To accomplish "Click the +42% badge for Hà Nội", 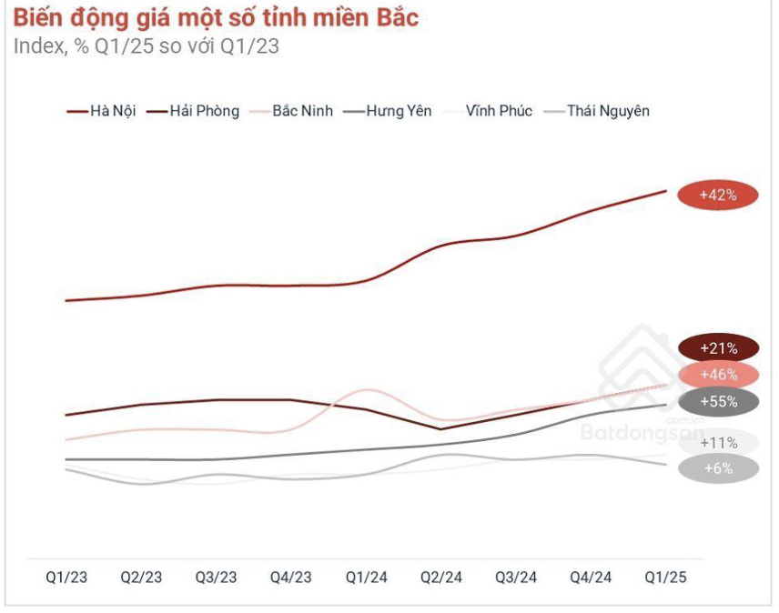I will [717, 195].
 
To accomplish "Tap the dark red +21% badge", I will [718, 347].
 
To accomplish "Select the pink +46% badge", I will [718, 374].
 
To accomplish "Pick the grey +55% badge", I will [718, 401].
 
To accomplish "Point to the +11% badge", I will [718, 443].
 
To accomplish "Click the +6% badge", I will [718, 468].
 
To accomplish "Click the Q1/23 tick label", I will [66, 578].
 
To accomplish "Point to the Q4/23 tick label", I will [291, 578].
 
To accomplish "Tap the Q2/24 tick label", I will [440, 578].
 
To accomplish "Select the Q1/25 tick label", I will [666, 578].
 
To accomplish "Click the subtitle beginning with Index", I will [146, 46].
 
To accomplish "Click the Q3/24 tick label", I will [516, 578].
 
